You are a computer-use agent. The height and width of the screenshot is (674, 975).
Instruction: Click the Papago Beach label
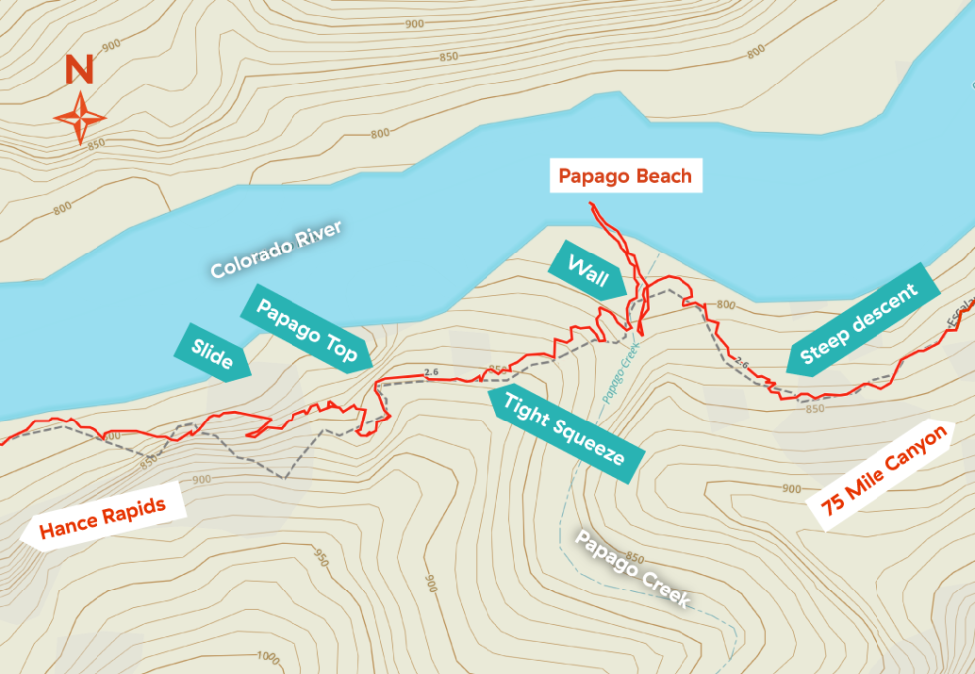[625, 176]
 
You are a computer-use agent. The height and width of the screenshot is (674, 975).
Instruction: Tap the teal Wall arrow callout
[587, 269]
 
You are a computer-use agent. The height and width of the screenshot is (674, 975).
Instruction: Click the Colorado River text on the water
[276, 250]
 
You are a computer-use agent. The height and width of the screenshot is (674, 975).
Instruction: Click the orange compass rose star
[80, 117]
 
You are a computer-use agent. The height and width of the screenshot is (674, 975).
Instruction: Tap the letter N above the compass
[79, 71]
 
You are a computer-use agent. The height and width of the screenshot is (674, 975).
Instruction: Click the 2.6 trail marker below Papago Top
[430, 373]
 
